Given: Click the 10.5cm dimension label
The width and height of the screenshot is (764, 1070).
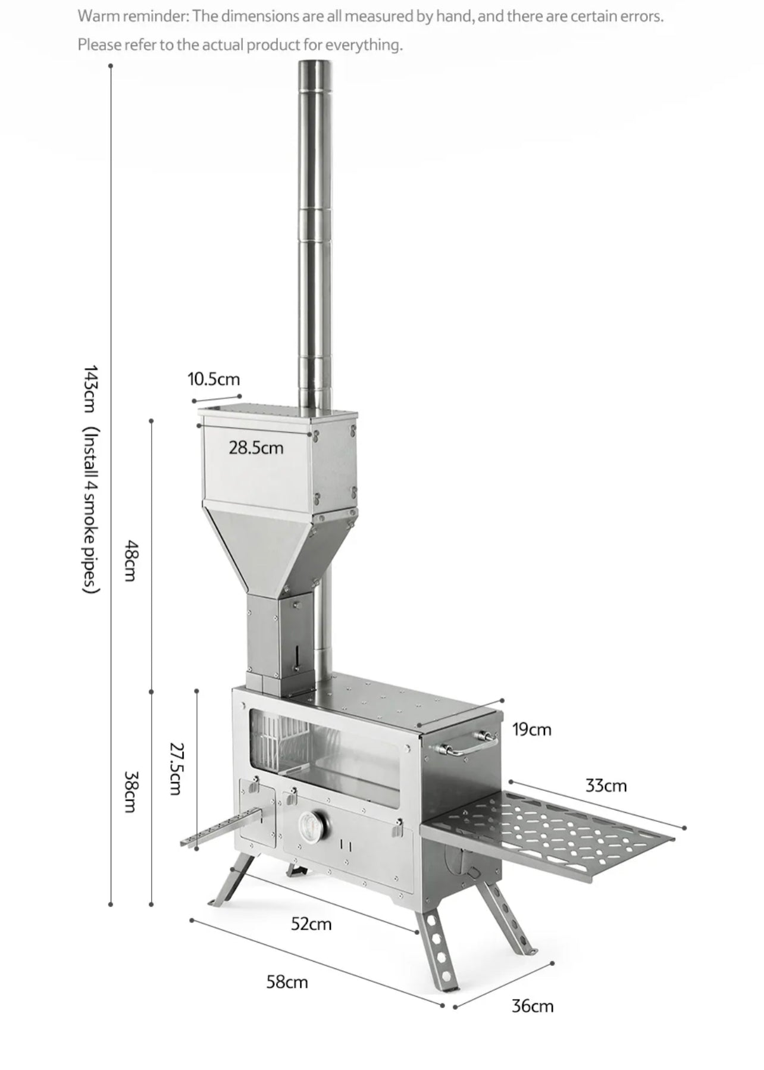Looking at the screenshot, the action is coord(214,379).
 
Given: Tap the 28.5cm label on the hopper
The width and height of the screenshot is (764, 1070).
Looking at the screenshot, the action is coord(256,448).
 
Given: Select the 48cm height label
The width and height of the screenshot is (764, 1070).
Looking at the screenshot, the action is coord(131,560).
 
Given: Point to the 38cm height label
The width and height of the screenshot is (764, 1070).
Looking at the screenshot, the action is coord(131,791).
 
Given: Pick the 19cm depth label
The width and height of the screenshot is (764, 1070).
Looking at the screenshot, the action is coord(532,729).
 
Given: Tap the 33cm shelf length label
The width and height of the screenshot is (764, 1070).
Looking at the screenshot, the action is coord(606,786).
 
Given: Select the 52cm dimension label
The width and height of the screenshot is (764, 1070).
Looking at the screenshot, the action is coord(311,924).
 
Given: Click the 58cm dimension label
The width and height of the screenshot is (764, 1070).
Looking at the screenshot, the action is coord(287,982).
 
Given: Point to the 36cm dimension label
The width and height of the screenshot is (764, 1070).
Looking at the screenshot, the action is coord(533,1006).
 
